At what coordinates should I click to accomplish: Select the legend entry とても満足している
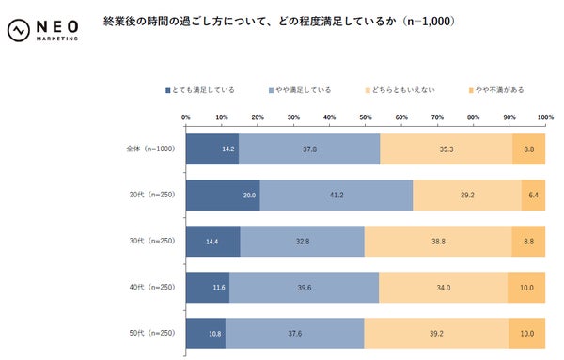(x=203, y=90)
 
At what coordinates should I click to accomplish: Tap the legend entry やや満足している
(x=300, y=90)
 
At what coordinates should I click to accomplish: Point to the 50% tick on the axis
(x=365, y=118)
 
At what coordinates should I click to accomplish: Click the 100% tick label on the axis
(x=545, y=118)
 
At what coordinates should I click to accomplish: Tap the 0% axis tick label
(x=186, y=118)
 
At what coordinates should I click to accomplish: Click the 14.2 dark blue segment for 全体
(x=211, y=149)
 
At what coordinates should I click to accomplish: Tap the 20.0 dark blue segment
(x=223, y=195)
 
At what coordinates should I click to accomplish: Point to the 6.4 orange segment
(x=533, y=195)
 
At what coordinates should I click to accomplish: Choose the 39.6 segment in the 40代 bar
(x=303, y=287)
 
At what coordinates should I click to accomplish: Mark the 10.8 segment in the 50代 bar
(x=206, y=333)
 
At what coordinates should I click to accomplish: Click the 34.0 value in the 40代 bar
(x=442, y=287)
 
